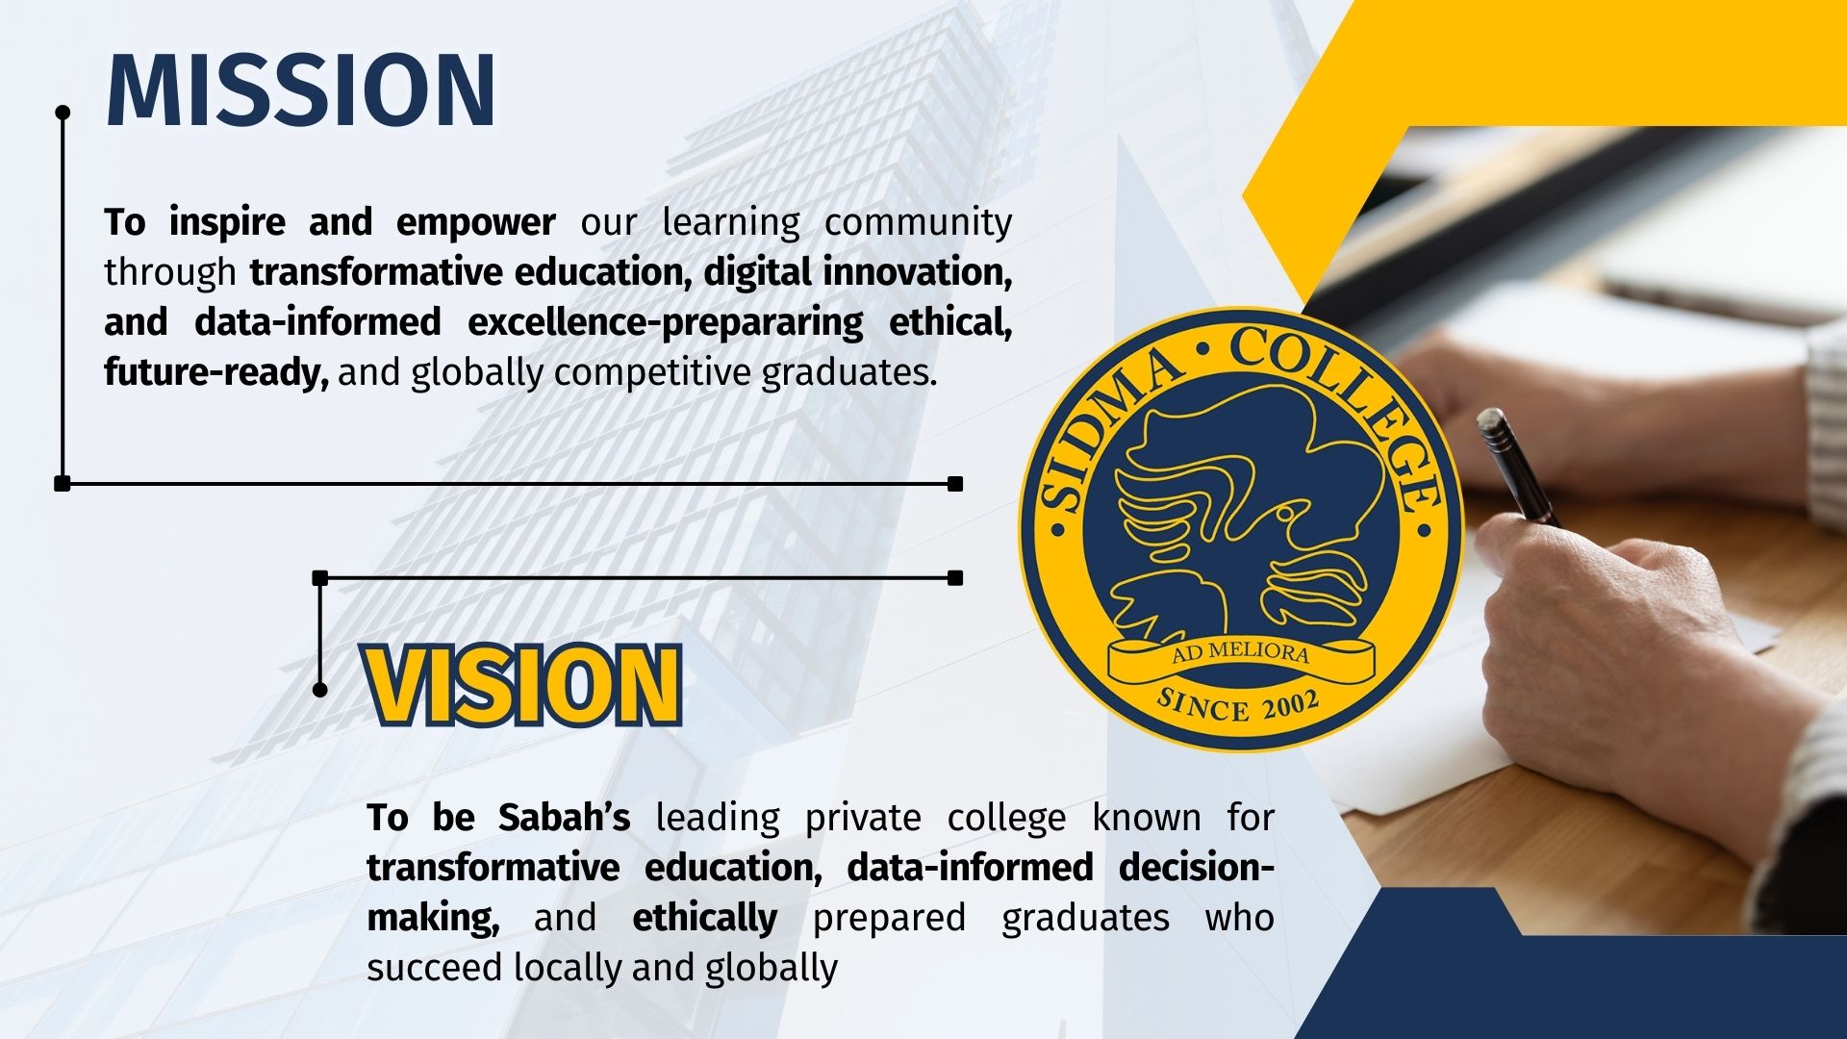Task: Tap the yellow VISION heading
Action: [522, 685]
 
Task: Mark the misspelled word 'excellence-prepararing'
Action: [666, 323]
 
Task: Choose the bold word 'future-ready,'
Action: [216, 373]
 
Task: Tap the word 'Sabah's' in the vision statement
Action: [565, 818]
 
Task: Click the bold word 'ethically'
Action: [705, 919]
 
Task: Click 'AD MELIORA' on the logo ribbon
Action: [1241, 653]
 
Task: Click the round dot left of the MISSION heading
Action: [63, 113]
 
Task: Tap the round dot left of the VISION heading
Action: [320, 690]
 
